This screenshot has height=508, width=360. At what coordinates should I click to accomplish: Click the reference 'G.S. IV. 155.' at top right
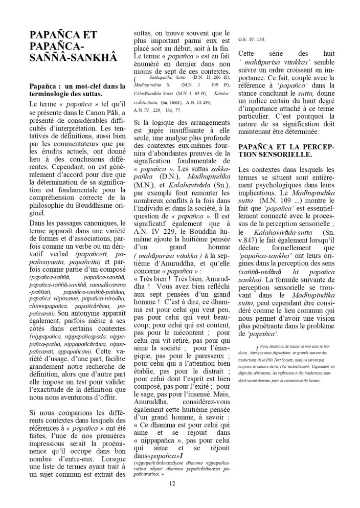pyautogui.click(x=252, y=38)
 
